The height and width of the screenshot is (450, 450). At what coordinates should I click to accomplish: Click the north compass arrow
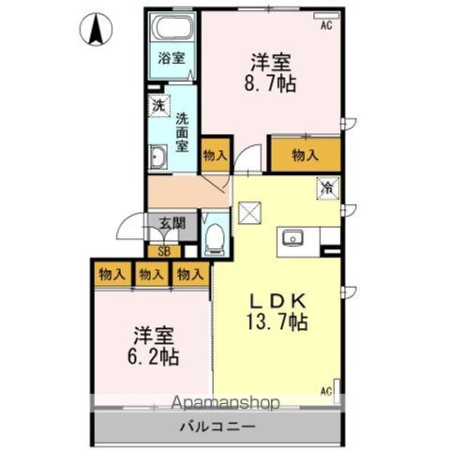click(x=96, y=29)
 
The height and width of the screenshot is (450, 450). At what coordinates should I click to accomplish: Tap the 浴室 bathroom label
click(x=172, y=58)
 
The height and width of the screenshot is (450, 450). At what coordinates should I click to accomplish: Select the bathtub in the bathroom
click(x=172, y=27)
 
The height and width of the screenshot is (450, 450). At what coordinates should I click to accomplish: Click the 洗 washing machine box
click(x=157, y=106)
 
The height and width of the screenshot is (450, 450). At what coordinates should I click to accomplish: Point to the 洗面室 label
click(x=183, y=131)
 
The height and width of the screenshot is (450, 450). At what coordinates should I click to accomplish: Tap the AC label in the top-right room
click(x=325, y=26)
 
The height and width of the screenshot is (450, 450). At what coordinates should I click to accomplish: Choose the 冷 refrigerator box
click(x=328, y=187)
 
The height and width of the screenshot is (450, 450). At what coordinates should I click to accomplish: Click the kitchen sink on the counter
click(x=292, y=236)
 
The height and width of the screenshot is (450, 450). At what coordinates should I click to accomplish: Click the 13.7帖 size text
click(x=277, y=322)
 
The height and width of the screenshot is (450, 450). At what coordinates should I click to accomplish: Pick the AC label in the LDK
click(x=327, y=390)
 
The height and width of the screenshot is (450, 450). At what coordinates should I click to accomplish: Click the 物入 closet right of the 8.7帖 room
click(x=304, y=156)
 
